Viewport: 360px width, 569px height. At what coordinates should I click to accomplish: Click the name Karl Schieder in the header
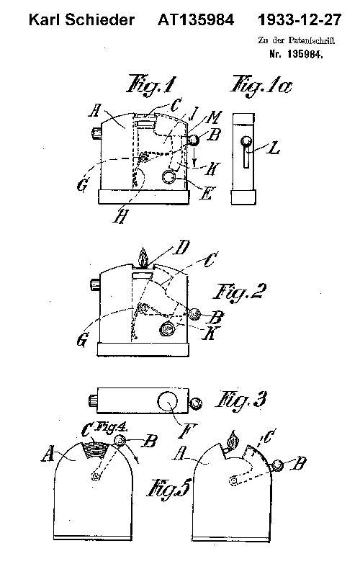(x=81, y=19)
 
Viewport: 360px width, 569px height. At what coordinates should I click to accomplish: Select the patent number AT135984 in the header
(x=196, y=19)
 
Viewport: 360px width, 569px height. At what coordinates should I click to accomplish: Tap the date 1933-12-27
(x=300, y=19)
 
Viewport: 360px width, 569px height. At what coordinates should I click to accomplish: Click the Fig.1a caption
(x=261, y=86)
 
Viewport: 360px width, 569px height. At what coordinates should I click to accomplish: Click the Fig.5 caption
(x=168, y=488)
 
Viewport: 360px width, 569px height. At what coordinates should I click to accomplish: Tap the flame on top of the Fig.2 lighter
(x=143, y=258)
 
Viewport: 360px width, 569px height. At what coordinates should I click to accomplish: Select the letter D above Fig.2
(x=181, y=248)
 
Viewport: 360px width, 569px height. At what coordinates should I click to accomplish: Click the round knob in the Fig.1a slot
(x=246, y=141)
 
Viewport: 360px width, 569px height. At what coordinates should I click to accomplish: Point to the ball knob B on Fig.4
(x=120, y=441)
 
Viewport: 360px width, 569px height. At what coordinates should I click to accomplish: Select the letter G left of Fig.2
(x=82, y=341)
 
